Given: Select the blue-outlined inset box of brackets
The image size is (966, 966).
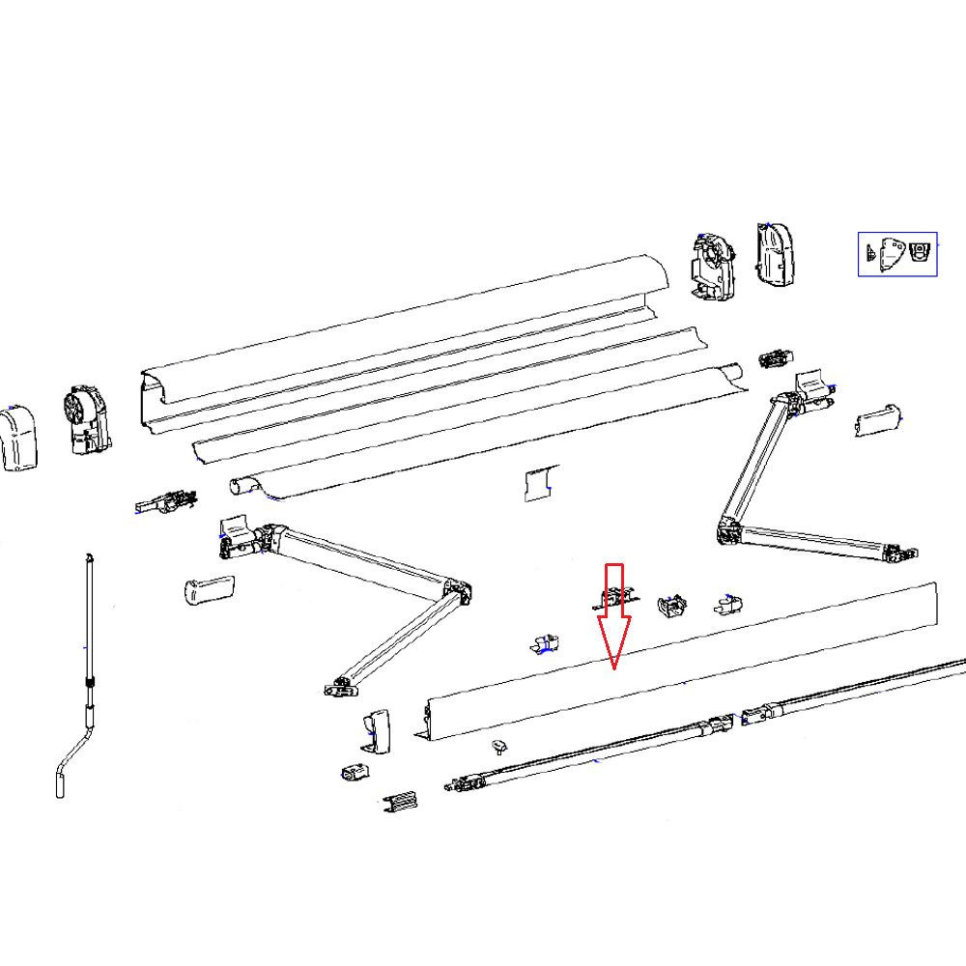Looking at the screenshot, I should tap(897, 254).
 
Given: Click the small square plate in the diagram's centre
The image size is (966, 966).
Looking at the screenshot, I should tap(540, 484).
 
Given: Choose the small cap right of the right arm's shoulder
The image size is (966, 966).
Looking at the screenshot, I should tap(877, 420).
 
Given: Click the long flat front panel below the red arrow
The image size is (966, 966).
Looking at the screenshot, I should tap(676, 667).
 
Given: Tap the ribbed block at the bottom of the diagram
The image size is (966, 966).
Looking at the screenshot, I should tap(401, 803).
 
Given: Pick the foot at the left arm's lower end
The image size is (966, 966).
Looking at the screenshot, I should tap(339, 687).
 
